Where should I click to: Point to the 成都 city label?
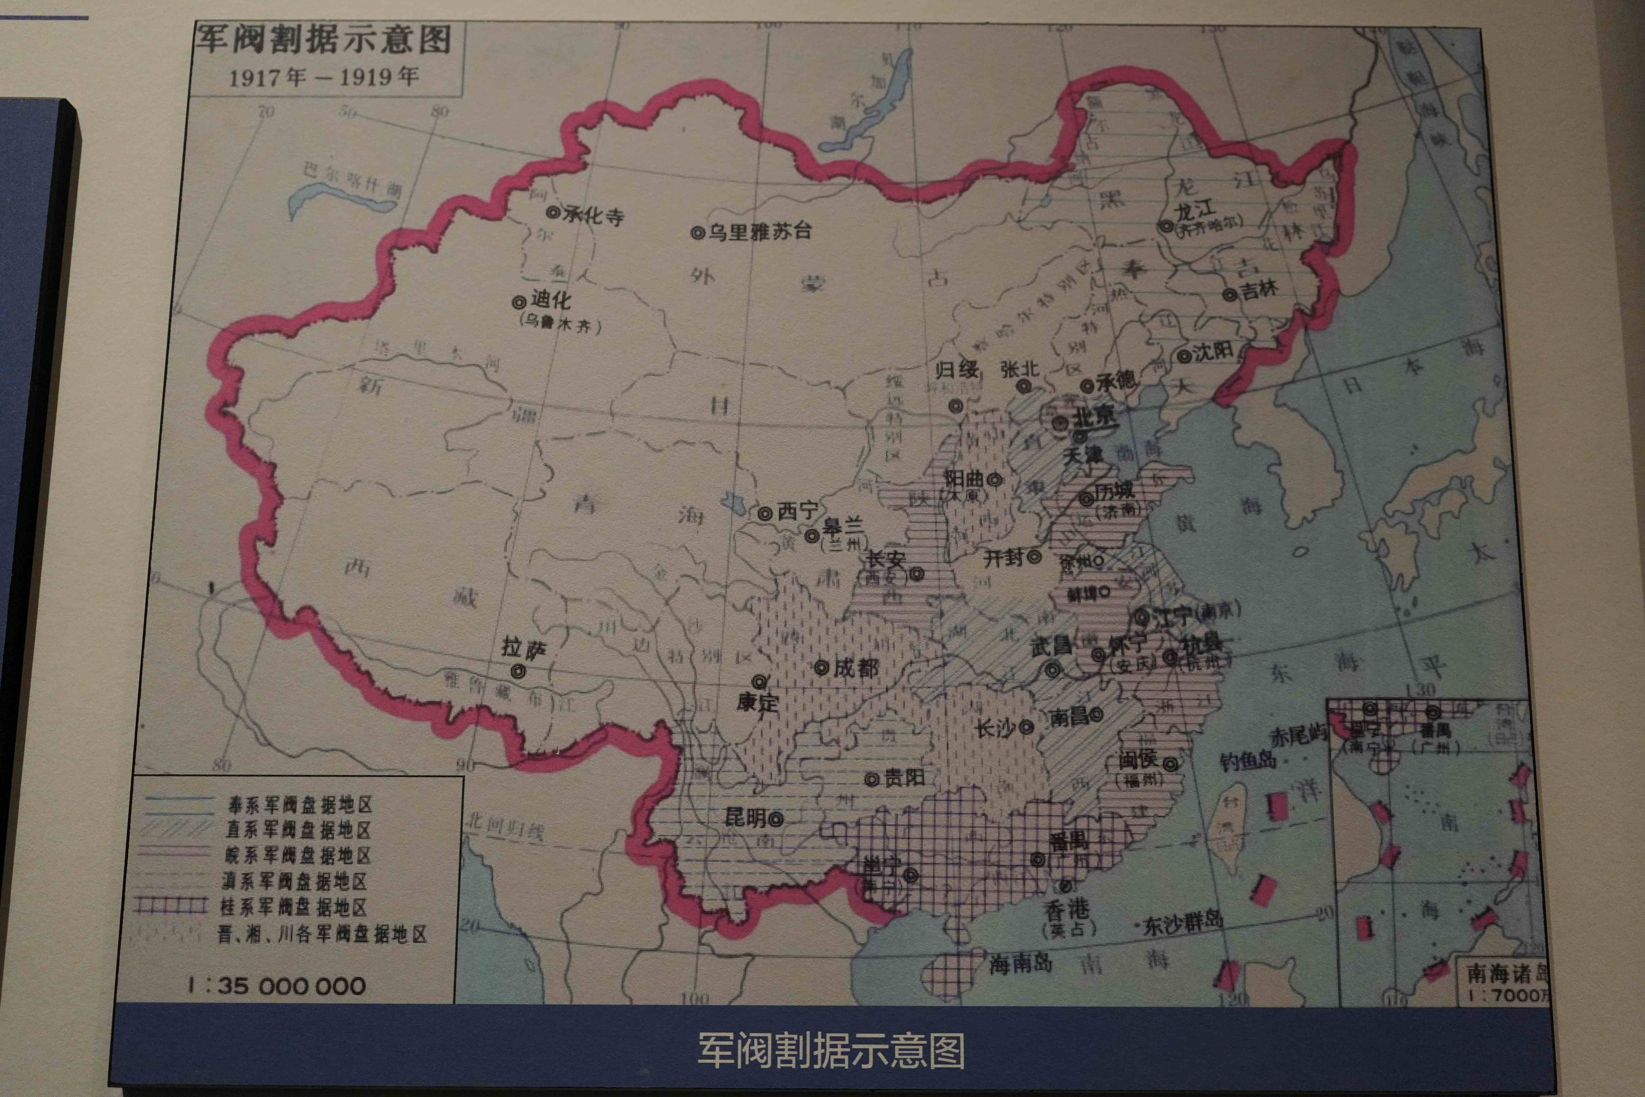pos(855,668)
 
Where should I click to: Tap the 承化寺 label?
pos(593,215)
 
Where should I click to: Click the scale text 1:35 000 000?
pos(276,986)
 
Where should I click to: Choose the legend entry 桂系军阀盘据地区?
pos(294,908)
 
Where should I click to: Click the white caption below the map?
pos(831,1050)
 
